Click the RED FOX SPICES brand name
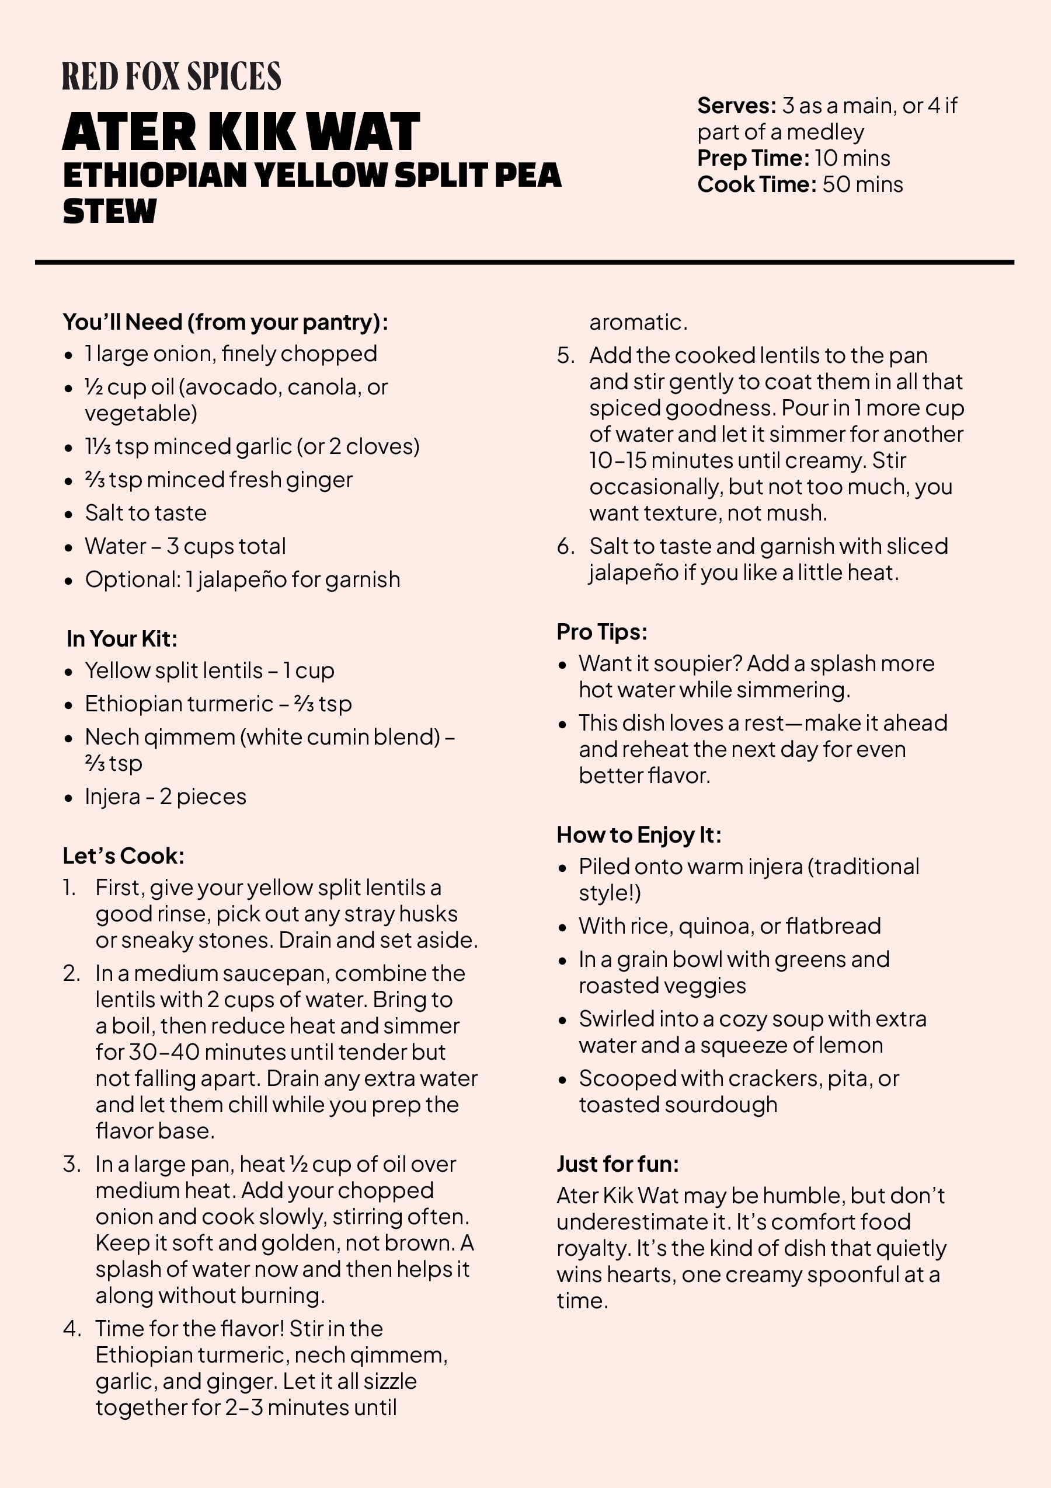[x=171, y=76]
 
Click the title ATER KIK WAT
[x=241, y=132]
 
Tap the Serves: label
[x=736, y=106]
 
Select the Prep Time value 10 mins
[x=852, y=158]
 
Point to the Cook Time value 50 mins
[x=862, y=185]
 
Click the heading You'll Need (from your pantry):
[x=225, y=322]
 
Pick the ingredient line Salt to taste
[x=146, y=514]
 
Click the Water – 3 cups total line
[x=186, y=546]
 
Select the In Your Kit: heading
[x=122, y=639]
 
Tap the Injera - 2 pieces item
[x=165, y=797]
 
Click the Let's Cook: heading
[x=123, y=856]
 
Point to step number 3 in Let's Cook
[x=71, y=1165]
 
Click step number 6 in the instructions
[x=565, y=546]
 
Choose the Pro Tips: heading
[x=601, y=632]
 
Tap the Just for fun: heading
[x=617, y=1165]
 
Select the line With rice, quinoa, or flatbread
[x=729, y=926]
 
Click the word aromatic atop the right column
[x=638, y=322]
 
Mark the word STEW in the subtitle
[x=110, y=211]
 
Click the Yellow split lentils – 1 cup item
[x=210, y=670]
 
